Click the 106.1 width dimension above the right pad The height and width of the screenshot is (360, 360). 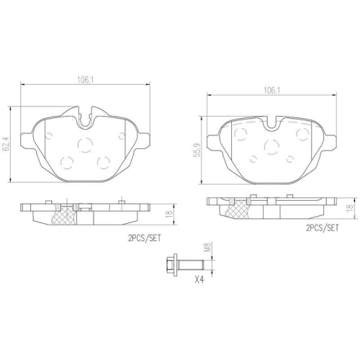click(x=271, y=90)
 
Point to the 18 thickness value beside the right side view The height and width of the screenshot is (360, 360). click(x=350, y=207)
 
